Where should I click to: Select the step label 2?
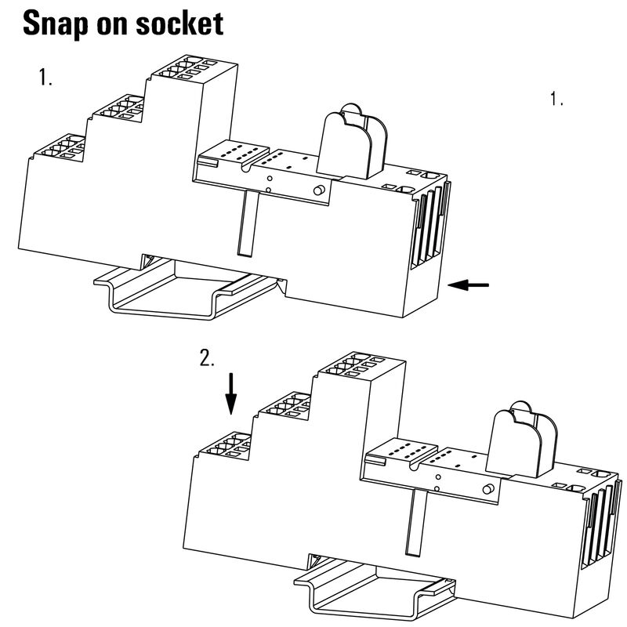[207, 358]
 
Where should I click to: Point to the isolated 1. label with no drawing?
[557, 100]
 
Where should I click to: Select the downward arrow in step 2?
[230, 393]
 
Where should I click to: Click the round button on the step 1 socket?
[319, 191]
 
